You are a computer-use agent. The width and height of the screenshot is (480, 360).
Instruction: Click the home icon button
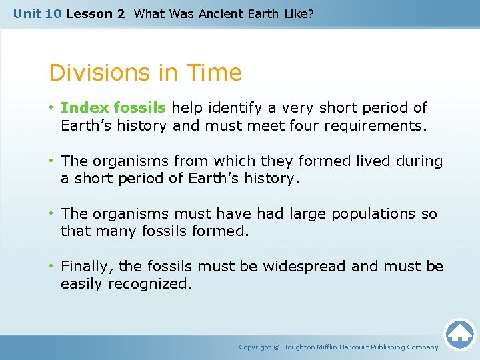pos(459,334)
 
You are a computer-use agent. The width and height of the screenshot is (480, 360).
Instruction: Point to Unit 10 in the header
pos(37,13)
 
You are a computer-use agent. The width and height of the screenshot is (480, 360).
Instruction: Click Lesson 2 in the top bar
pos(95,13)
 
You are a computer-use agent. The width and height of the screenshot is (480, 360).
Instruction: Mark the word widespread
pos(305,267)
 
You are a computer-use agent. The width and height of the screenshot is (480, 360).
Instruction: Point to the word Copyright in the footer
pos(255,347)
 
